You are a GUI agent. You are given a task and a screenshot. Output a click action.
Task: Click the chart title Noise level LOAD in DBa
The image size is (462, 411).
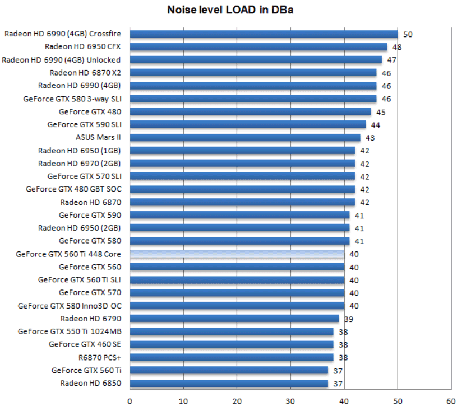tap(230, 10)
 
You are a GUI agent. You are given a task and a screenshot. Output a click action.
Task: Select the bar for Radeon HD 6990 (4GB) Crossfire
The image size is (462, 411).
tap(264, 34)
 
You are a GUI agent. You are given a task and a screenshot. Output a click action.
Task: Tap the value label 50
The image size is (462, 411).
tap(408, 35)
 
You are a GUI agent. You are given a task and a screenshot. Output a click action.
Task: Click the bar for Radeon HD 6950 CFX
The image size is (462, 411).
tap(258, 47)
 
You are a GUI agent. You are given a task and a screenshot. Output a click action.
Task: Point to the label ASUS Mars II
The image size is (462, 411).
tap(98, 138)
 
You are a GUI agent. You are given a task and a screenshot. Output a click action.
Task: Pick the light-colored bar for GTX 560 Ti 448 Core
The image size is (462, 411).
tap(237, 254)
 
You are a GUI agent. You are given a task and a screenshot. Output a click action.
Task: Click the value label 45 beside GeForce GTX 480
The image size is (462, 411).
tap(381, 112)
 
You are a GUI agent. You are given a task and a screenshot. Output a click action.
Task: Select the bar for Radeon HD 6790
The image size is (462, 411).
tap(234, 319)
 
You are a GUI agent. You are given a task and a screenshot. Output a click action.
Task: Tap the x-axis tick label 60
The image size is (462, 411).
tap(451, 401)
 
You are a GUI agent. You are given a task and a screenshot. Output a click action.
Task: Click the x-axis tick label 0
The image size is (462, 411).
tap(130, 401)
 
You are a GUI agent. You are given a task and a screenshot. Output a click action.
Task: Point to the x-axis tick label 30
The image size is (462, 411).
tap(290, 401)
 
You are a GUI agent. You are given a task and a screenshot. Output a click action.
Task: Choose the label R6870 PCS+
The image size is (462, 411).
tap(100, 357)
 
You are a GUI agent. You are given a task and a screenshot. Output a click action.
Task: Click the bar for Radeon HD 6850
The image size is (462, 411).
tap(229, 384)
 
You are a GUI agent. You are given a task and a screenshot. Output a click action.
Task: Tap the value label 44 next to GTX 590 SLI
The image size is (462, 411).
tap(376, 125)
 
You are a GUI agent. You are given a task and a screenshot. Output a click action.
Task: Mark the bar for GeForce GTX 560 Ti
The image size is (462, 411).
tap(229, 370)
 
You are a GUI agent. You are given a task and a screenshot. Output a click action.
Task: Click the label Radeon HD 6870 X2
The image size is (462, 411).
tap(85, 73)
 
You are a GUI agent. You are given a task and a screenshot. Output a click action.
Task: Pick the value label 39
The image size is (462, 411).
tap(349, 319)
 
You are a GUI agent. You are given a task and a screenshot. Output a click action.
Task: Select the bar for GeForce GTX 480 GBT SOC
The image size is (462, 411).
tap(242, 189)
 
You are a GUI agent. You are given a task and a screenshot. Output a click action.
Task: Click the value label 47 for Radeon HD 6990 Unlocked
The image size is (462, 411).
tap(392, 60)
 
